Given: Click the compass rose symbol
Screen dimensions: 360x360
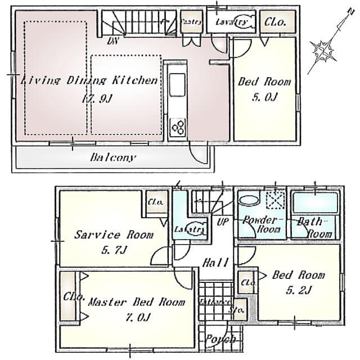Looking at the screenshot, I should point(326,50).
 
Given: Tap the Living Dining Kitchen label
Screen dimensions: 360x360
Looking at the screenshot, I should point(89,81).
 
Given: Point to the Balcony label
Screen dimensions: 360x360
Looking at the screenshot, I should point(112,157).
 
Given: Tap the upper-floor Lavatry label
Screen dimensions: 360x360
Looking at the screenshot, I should point(232,22).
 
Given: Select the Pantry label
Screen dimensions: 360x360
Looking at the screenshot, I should point(191,22).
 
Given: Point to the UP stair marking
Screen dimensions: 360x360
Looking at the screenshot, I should point(222,222).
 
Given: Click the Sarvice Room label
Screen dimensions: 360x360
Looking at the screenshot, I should point(113,235).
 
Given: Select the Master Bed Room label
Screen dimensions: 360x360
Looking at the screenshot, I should point(137,302).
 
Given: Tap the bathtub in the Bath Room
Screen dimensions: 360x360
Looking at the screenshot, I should point(315,202).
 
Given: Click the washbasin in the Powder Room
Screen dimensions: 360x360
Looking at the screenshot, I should point(249,200).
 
